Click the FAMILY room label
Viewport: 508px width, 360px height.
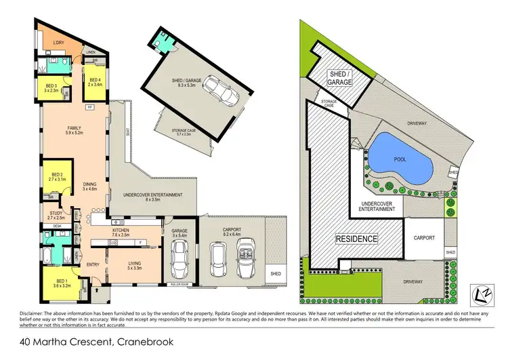74,128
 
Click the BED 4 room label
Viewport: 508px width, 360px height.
93,82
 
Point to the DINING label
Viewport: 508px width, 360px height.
90,186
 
